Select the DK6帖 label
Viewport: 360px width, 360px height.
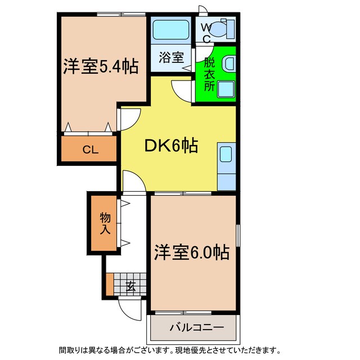pos(171,146)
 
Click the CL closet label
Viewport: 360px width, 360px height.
pos(89,150)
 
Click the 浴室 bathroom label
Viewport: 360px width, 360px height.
pos(171,57)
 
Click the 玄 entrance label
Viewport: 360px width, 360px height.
pos(130,286)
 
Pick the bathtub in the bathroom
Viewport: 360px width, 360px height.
pos(171,28)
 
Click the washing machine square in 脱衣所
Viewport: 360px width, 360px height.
pos(226,89)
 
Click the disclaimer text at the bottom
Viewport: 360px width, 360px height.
pos(180,350)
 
